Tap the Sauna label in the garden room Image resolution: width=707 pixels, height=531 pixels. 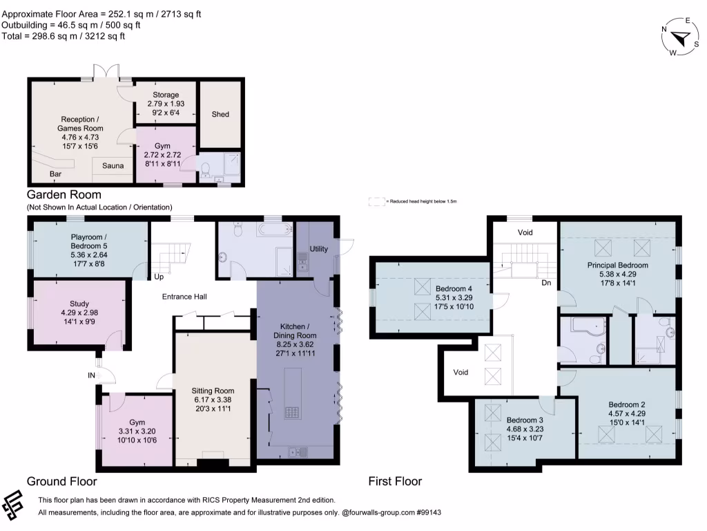click(113, 166)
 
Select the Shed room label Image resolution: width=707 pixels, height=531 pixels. click(220, 114)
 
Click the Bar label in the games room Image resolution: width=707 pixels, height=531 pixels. click(55, 174)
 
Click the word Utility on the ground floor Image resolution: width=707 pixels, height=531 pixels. click(319, 249)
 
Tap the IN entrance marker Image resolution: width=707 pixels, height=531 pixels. click(91, 375)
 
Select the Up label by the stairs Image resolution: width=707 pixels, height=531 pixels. click(159, 277)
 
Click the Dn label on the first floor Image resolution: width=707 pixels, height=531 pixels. click(546, 282)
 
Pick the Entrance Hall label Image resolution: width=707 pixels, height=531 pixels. click(184, 297)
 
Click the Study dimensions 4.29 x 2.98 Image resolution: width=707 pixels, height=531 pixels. click(79, 313)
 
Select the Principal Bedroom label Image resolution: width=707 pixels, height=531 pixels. click(617, 265)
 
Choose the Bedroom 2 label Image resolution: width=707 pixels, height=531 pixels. click(627, 404)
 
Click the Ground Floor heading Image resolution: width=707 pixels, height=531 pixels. click(61, 481)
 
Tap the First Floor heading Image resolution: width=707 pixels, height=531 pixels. click(395, 481)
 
